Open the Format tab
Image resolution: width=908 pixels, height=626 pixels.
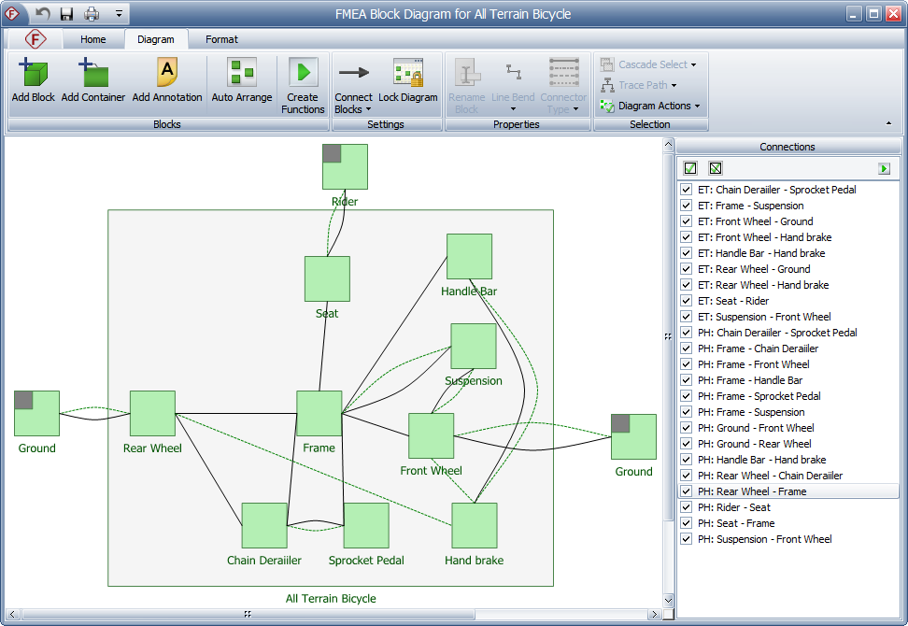click(221, 39)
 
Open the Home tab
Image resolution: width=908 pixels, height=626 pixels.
click(93, 39)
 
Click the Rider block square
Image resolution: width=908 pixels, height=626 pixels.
click(345, 166)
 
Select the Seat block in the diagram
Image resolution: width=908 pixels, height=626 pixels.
click(327, 278)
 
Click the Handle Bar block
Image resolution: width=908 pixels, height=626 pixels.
click(469, 256)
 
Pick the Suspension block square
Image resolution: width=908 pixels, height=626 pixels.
click(474, 346)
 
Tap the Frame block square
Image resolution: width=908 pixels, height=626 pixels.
click(319, 413)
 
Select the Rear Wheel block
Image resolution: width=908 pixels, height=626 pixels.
click(152, 413)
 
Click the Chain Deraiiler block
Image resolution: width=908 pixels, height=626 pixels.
click(264, 525)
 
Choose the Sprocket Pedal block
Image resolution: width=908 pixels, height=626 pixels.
click(366, 525)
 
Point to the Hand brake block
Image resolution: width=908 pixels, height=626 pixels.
click(475, 525)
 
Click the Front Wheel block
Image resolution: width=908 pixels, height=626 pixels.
click(432, 435)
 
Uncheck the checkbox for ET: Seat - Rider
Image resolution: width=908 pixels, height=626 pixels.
click(687, 301)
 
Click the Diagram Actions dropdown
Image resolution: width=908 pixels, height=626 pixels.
click(654, 106)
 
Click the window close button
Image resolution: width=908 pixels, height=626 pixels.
click(892, 13)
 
